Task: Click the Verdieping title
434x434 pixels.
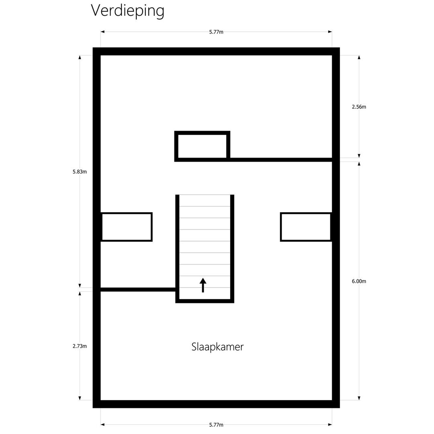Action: point(128,11)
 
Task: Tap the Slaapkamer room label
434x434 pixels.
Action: point(217,347)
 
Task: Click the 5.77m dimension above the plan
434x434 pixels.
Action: point(216,32)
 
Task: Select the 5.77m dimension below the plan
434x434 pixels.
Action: point(216,425)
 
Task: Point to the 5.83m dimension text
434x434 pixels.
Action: point(80,172)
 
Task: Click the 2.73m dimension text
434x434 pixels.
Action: point(80,346)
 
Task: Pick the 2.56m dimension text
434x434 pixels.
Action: point(359,107)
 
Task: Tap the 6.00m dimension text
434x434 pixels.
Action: point(359,281)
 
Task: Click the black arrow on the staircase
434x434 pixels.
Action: point(203,285)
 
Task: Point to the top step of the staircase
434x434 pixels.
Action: point(205,201)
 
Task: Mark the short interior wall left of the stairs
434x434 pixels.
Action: point(138,289)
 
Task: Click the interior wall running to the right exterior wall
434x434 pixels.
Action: point(281,160)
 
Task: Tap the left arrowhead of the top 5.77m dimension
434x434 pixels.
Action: point(102,32)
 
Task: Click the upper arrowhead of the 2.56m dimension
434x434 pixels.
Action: point(359,57)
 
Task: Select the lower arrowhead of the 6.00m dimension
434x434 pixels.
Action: point(359,398)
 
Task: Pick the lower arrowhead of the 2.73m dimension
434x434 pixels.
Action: point(80,398)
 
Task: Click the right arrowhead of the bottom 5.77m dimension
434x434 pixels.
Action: point(330,425)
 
